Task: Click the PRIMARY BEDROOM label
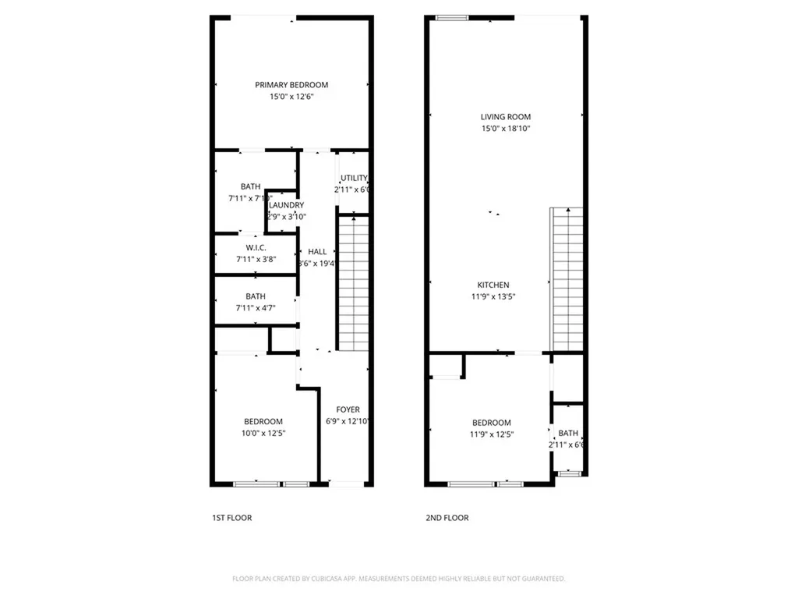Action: click(291, 85)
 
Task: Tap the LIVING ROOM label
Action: click(505, 117)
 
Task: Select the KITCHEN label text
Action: click(493, 285)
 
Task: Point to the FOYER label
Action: click(348, 410)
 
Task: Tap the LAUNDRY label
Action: click(287, 205)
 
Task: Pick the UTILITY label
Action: click(354, 179)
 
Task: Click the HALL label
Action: click(317, 252)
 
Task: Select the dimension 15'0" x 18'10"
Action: click(505, 129)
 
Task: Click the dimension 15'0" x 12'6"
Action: click(291, 97)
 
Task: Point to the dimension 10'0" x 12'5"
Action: click(263, 433)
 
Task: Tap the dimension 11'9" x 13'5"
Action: click(493, 296)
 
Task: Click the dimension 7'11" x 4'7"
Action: click(255, 308)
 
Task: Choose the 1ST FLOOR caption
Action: click(232, 518)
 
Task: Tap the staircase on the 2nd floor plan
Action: click(567, 278)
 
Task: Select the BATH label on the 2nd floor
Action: click(568, 434)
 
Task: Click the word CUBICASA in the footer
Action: click(323, 579)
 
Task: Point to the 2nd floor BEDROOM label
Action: click(492, 423)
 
